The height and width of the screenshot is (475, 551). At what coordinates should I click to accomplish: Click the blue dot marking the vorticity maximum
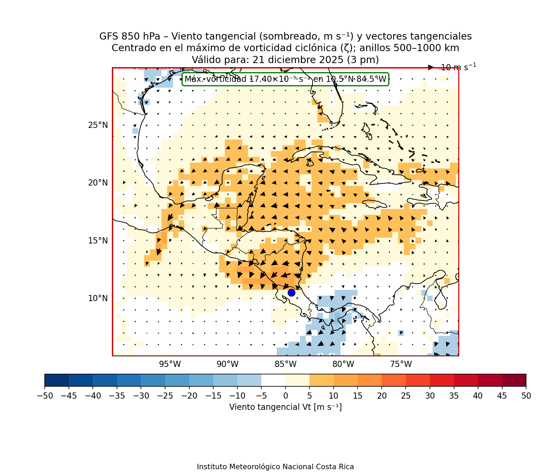coord(291,293)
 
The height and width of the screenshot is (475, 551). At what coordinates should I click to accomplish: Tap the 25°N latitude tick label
coord(98,125)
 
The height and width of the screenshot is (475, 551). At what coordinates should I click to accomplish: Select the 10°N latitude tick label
coord(98,298)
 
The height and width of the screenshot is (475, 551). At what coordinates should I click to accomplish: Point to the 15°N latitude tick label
coord(98,241)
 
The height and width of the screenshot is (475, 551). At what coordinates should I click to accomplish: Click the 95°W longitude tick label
coord(170,364)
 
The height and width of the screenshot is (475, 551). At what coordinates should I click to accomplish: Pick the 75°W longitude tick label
coord(401,364)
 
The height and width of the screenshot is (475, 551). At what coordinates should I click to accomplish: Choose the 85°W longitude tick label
coord(286,364)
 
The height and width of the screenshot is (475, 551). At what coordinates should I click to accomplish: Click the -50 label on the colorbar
coord(44,396)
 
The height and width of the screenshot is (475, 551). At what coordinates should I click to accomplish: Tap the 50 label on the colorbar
coord(526,396)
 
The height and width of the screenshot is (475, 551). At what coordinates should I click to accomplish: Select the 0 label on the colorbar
coord(286,396)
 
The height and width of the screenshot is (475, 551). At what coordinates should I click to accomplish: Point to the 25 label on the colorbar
coord(406,396)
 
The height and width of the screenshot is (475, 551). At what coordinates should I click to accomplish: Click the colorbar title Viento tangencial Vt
coord(285,407)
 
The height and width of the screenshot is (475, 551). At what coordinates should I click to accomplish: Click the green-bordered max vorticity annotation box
coord(285,79)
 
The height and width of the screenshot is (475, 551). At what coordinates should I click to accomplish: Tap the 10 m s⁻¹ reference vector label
coord(458,67)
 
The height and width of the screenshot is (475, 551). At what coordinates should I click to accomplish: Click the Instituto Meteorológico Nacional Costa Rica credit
coord(275,467)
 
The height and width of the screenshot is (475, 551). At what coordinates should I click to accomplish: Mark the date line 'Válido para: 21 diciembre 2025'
coord(285,60)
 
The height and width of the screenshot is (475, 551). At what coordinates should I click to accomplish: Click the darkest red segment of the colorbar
coord(514,380)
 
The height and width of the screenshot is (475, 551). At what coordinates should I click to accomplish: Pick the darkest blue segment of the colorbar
coord(57,380)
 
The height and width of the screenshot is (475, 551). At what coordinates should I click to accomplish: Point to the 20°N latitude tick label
coord(98,183)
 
